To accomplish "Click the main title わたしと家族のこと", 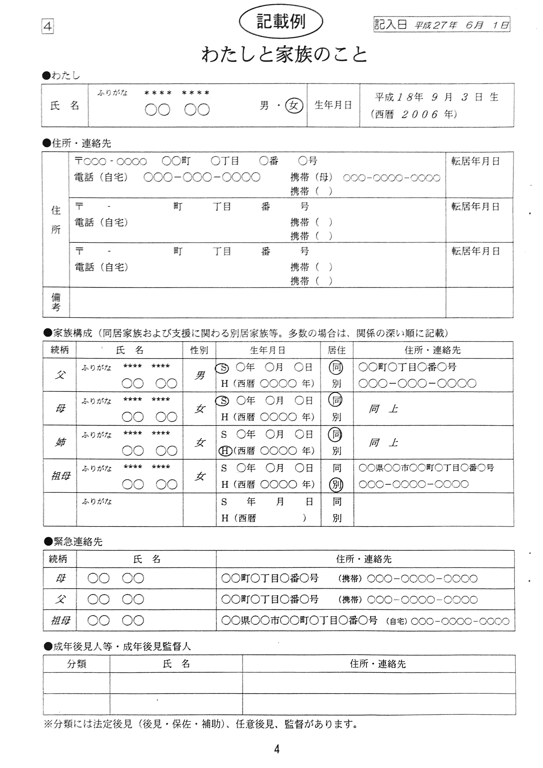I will pos(285,55).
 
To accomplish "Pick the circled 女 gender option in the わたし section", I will pos(294,106).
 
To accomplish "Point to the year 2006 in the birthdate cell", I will pos(420,114).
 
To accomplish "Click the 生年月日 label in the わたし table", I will pos(333,105).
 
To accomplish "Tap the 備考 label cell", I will pos(56,302).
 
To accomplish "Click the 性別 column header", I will pos(199,350).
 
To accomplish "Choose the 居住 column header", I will pos(337,350).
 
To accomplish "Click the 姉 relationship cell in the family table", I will pos(60,442).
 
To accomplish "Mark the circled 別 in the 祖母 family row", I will pos(337,484).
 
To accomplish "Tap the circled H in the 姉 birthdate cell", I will pos(225,451).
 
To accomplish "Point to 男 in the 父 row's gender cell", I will pos(199,375).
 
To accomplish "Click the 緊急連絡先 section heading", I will pos(78,542).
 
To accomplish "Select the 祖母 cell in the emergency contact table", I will pos(60,621).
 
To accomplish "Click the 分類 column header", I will pos(77,664).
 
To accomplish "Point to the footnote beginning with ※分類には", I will pos(201,724).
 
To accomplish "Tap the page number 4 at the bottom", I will pos(277,749).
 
